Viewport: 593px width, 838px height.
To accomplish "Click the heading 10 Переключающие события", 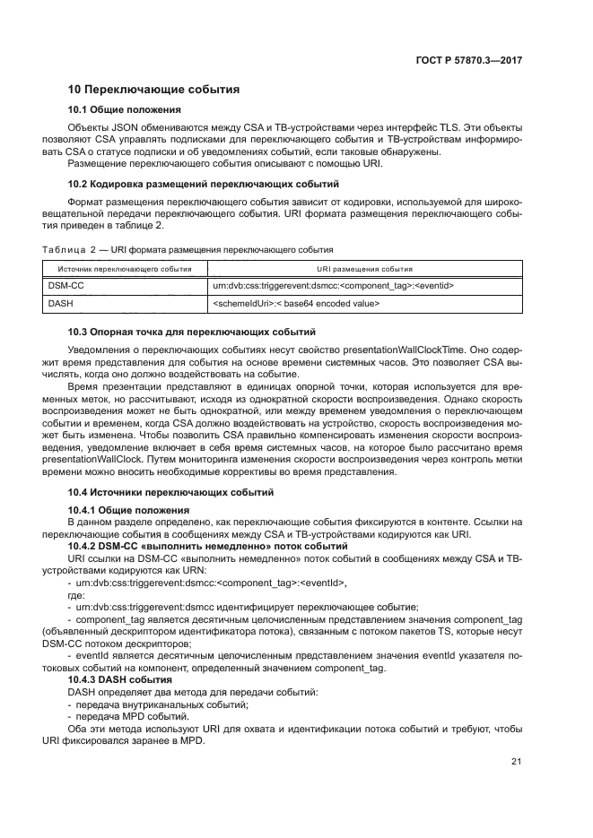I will tap(153, 90).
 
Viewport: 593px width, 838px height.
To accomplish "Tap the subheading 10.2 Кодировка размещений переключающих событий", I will tap(191, 184).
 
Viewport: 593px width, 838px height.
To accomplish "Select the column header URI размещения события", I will tap(364, 269).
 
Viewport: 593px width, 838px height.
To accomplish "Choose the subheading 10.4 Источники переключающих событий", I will tap(171, 493).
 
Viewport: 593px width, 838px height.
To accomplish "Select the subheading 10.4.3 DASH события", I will tap(120, 680).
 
